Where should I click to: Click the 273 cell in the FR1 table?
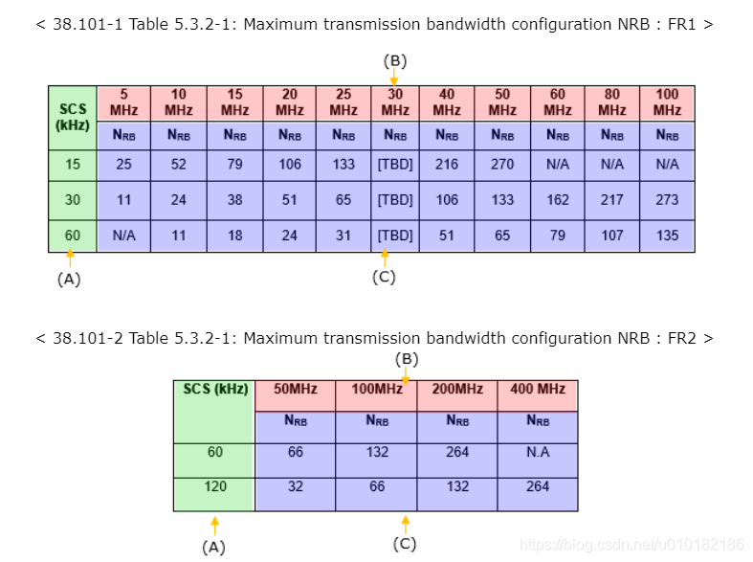coord(667,200)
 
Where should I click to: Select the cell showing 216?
coord(447,164)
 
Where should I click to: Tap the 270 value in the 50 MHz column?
coord(502,164)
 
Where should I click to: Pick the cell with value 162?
coord(558,200)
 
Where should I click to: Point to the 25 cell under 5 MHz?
coord(123,164)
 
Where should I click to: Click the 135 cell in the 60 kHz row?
coord(667,236)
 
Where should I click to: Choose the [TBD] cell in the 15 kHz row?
coord(395,164)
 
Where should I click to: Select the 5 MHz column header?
coord(123,102)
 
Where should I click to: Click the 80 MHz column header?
coord(612,102)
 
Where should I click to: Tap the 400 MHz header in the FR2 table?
coord(538,390)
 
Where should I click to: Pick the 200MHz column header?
coord(457,390)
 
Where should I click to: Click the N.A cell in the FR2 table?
coord(538,452)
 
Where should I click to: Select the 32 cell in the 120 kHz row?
coord(296,486)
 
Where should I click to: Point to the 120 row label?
coord(215,486)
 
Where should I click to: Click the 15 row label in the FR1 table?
coord(73,164)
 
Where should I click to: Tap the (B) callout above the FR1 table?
coord(395,61)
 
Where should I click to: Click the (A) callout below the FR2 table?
coord(214,548)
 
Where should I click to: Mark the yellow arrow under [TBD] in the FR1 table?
coord(385,258)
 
